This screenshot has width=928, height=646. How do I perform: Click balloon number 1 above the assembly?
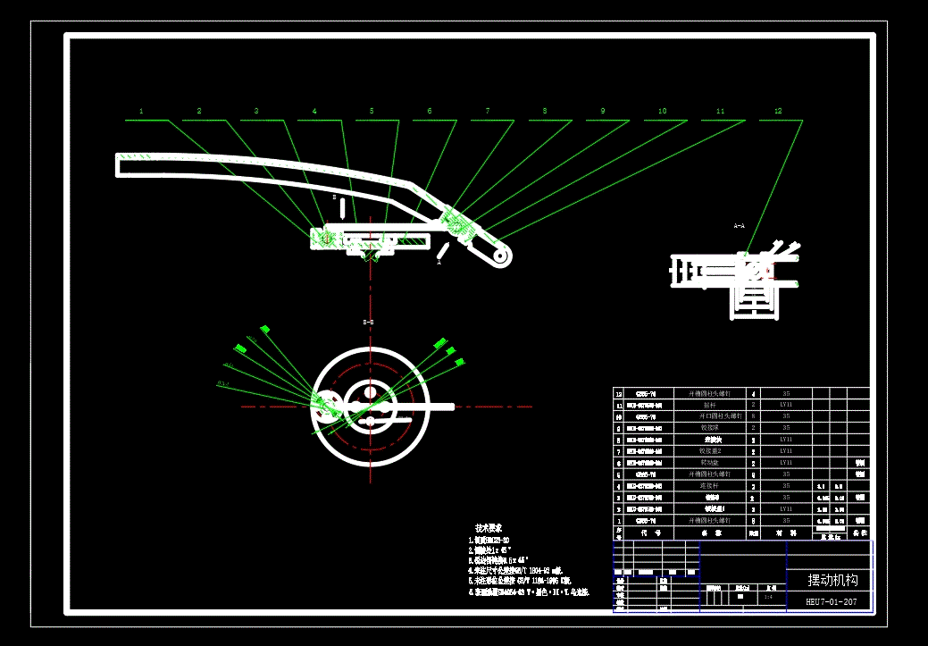[141, 112]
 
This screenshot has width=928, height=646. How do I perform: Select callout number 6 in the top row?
[429, 112]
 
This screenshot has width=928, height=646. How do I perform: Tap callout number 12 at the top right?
[778, 112]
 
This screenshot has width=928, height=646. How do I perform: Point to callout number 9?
[602, 112]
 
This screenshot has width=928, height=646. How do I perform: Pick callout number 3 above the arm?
[255, 112]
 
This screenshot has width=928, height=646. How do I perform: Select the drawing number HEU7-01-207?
[831, 602]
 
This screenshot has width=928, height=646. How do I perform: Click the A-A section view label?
[739, 226]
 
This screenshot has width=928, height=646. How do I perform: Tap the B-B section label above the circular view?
[368, 321]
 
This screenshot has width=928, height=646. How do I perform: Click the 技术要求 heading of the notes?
[488, 528]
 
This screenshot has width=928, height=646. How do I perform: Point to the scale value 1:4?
[769, 596]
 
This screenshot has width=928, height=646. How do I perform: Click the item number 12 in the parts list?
[619, 393]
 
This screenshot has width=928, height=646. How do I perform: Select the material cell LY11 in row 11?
[786, 405]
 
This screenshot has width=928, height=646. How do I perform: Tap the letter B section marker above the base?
[334, 197]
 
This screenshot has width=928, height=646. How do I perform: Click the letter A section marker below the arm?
[439, 263]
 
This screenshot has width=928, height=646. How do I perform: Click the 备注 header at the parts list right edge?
[859, 533]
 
